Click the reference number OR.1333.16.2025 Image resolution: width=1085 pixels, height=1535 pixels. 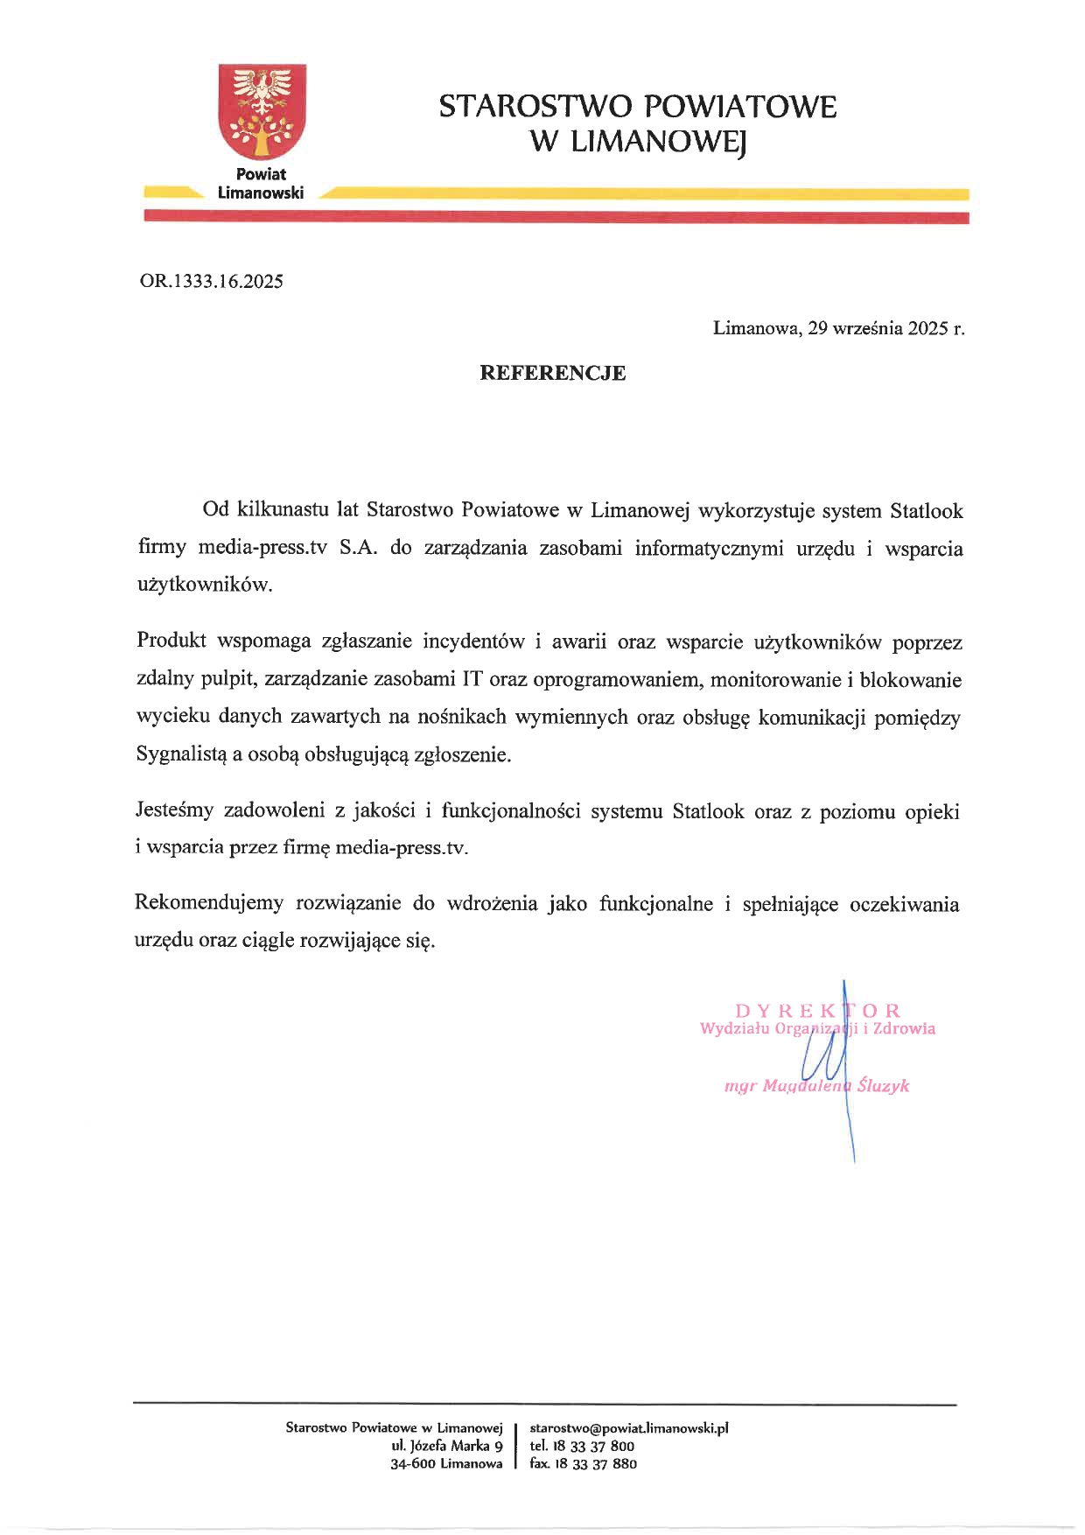click(x=211, y=281)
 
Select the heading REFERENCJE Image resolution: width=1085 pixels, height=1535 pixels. click(x=552, y=373)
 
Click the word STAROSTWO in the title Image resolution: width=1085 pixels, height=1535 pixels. click(x=535, y=107)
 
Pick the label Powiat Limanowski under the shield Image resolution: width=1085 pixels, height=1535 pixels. click(x=261, y=184)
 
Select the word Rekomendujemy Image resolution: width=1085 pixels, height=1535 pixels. click(x=209, y=903)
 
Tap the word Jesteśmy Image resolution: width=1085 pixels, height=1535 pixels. click(x=174, y=810)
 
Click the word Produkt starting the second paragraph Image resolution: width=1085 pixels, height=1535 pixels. click(x=171, y=641)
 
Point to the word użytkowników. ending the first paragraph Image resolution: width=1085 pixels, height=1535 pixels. click(x=205, y=585)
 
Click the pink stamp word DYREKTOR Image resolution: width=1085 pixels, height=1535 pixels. click(x=817, y=1011)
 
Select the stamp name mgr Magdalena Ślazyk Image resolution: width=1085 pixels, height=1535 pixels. click(x=816, y=1086)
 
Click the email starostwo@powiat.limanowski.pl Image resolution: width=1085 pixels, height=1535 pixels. click(x=629, y=1428)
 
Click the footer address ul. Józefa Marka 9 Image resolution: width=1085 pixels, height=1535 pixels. click(x=447, y=1446)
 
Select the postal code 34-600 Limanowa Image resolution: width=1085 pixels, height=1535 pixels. click(x=446, y=1463)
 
